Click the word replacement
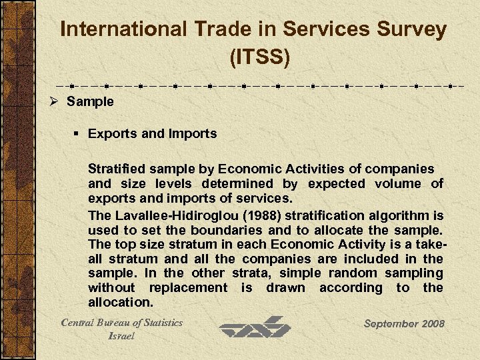pos(189,288)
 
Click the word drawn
pos(286,288)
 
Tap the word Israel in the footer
pos(121,336)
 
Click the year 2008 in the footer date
pos(432,323)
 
